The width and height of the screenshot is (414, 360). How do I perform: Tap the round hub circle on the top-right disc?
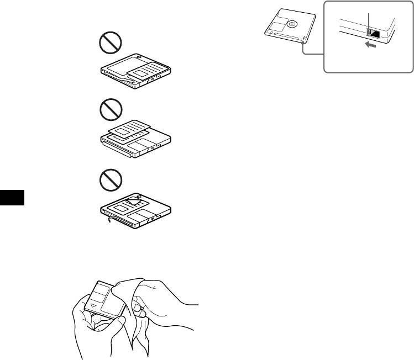coord(291,24)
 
